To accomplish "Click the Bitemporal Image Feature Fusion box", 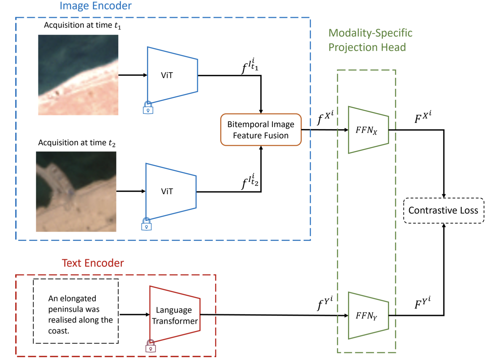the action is tap(261, 130).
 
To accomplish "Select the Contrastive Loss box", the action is tap(444, 210).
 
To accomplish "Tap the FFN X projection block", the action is tap(368, 130).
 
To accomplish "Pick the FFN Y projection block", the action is tap(368, 315).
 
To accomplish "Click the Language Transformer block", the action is tap(175, 314).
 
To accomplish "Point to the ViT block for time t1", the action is tap(172, 75).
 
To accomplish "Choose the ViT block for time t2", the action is tap(171, 192).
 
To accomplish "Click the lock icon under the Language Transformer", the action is tap(151, 346).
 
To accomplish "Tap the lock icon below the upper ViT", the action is tap(148, 108).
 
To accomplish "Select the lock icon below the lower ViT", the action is tap(146, 224).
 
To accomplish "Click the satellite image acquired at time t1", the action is tap(78, 75).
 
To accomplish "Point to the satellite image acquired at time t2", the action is tap(76, 192).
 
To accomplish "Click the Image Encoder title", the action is tap(96, 6).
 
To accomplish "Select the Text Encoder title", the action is tap(93, 263).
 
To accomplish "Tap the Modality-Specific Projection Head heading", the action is tap(370, 40).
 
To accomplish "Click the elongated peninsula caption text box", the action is tap(76, 311).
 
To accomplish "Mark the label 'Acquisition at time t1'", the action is tap(82, 25).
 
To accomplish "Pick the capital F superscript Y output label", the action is tap(422, 302).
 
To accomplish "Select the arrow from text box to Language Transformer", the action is tap(134, 314).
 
